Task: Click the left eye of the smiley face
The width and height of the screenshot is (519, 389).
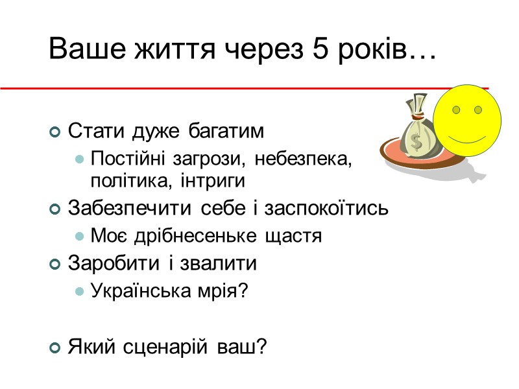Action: [x=456, y=110]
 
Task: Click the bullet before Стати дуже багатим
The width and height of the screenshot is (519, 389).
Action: [x=54, y=132]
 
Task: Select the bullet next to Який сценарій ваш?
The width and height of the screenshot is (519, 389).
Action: [x=54, y=348]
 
